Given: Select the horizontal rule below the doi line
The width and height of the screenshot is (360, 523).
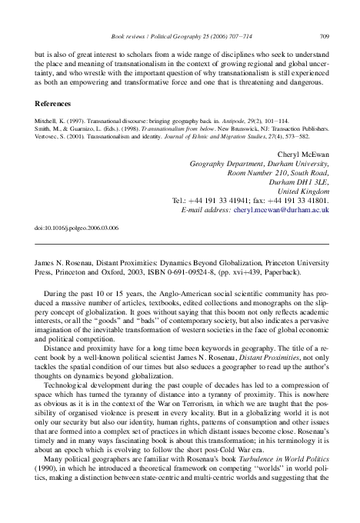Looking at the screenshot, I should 180,244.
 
